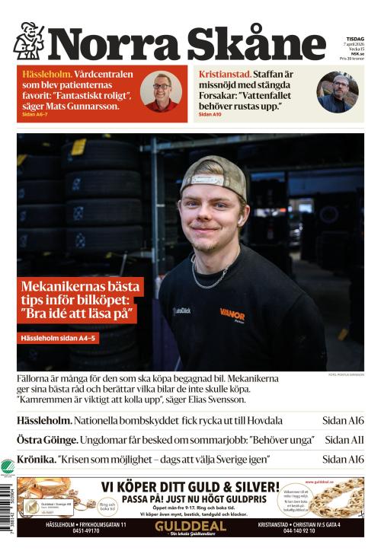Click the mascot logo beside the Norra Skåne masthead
(x=29, y=41)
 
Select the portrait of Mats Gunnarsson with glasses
(x=161, y=91)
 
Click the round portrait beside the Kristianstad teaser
(x=338, y=92)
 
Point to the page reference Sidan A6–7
(x=36, y=115)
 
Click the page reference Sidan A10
(x=210, y=114)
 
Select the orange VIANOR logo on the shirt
(x=232, y=314)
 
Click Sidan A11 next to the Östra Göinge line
(x=344, y=440)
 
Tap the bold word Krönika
(x=36, y=460)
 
